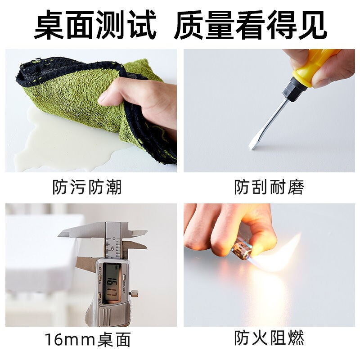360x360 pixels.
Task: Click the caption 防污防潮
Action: point(87,187)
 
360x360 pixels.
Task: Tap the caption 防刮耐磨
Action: point(269,187)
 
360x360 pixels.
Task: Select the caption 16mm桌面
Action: point(88,339)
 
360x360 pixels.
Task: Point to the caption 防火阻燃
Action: point(269,337)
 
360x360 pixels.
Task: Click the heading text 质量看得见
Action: point(250,25)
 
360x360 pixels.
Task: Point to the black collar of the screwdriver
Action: point(291,89)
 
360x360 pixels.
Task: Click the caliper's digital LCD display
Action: point(112,283)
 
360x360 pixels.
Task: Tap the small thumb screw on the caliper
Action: point(134,293)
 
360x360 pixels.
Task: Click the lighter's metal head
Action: point(242,250)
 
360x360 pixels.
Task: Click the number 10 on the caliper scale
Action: point(112,248)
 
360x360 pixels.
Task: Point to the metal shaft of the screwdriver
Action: point(269,121)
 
